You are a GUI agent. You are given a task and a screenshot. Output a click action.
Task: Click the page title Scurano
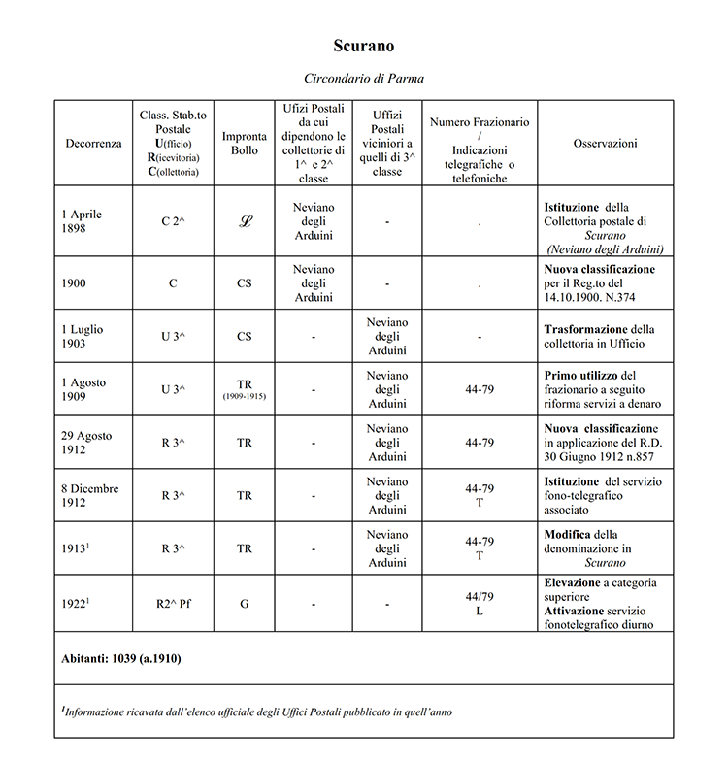(364, 46)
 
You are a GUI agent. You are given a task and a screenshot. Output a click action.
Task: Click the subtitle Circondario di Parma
(364, 78)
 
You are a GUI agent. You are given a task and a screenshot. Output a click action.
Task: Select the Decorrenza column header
(93, 143)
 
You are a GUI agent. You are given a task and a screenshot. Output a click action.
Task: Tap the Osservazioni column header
(605, 143)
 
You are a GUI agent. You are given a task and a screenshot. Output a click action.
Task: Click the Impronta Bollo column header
(245, 143)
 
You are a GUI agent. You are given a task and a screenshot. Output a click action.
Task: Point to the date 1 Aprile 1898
(82, 221)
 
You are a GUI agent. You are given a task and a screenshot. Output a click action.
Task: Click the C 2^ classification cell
(173, 221)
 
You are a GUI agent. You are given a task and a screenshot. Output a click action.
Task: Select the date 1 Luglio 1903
(82, 336)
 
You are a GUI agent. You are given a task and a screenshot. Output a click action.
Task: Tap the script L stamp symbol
(245, 221)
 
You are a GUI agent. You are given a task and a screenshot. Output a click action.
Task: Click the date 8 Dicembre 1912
(89, 495)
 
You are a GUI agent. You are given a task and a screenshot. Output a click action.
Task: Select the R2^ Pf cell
(173, 603)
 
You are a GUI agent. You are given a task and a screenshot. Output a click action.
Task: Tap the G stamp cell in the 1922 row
(245, 603)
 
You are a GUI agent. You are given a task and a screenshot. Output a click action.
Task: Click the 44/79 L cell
(480, 603)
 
